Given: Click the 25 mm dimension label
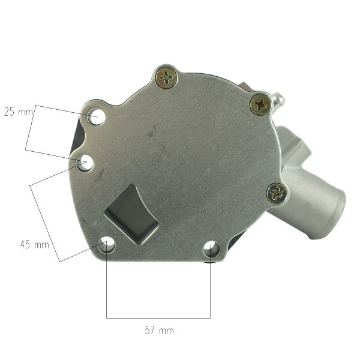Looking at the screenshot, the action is [x=19, y=112].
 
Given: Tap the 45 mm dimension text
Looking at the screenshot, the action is [x=35, y=245].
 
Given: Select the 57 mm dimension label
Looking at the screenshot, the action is [x=160, y=331].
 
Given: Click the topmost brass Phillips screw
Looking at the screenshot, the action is [x=167, y=78].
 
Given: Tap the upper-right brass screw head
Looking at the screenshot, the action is [x=260, y=104].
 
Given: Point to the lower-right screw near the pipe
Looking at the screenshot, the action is [x=277, y=193].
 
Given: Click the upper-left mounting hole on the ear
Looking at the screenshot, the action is [x=96, y=116].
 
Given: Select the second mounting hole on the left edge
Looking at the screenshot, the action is [x=85, y=163].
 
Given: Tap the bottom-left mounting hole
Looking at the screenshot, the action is [x=106, y=245].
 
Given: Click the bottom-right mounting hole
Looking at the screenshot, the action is [x=212, y=249].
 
